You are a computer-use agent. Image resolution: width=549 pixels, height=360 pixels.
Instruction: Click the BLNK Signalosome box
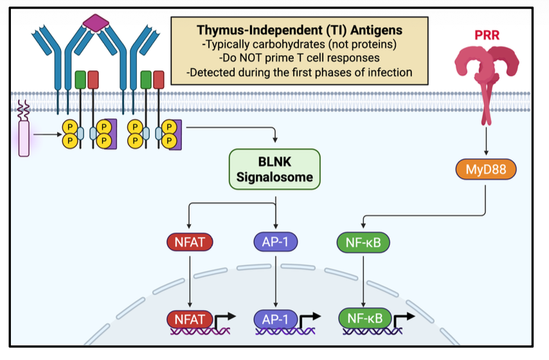pyautogui.click(x=274, y=169)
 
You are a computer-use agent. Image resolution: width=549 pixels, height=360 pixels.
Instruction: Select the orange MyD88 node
pyautogui.click(x=486, y=170)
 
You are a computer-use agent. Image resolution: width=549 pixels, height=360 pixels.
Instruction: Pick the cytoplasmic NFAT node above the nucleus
pyautogui.click(x=190, y=242)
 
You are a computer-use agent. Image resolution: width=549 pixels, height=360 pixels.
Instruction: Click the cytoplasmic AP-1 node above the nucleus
pyautogui.click(x=276, y=242)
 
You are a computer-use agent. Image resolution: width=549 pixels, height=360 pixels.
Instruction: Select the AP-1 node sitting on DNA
pyautogui.click(x=276, y=318)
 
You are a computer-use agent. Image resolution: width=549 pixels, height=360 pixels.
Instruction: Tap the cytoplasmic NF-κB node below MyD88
pyautogui.click(x=363, y=243)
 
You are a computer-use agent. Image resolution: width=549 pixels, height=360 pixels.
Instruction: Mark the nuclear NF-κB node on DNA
pyautogui.click(x=364, y=318)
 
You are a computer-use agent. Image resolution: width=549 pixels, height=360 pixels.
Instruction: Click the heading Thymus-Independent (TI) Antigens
pyautogui.click(x=299, y=30)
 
